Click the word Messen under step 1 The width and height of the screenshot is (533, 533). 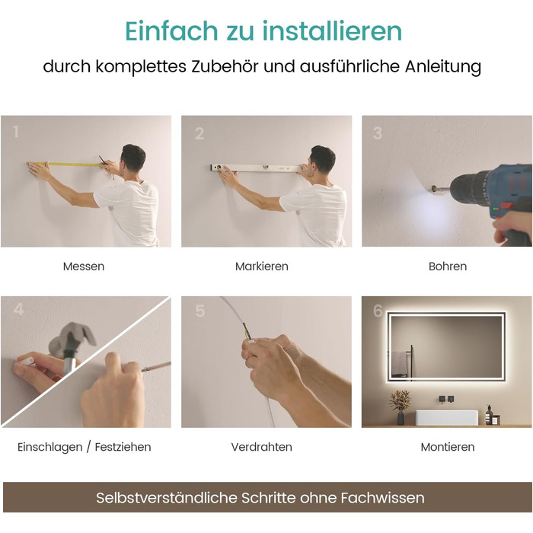(84, 266)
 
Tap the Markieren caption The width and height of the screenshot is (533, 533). (262, 266)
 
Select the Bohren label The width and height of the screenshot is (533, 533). (448, 266)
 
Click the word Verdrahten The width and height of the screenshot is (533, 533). (262, 447)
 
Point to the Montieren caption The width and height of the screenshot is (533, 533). (448, 447)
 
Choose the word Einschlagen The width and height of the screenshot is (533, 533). (50, 447)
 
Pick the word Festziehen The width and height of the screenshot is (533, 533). (123, 447)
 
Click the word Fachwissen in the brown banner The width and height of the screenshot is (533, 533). (382, 498)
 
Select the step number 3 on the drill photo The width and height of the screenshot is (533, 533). (378, 133)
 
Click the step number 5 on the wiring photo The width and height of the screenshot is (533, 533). (200, 311)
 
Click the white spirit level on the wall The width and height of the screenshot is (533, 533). (257, 168)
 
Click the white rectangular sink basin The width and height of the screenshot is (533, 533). (447, 417)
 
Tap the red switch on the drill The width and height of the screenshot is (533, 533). (507, 206)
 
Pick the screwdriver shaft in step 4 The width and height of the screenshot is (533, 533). (157, 366)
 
